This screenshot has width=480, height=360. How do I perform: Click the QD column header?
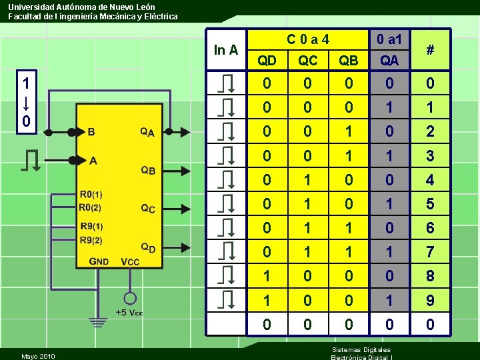point(267,61)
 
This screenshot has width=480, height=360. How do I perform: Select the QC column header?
point(307,61)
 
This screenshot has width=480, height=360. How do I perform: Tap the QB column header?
point(348,61)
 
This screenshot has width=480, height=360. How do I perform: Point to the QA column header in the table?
point(389,61)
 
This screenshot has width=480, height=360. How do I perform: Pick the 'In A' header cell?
point(226,49)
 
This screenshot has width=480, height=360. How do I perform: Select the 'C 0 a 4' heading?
point(307,39)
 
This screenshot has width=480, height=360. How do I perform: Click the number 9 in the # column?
point(430,301)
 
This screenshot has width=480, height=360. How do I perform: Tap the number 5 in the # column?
point(430,204)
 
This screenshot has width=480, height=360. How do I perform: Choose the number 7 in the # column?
point(430,252)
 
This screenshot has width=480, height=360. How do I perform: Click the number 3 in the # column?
point(430,156)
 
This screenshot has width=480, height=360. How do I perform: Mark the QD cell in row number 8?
point(267,276)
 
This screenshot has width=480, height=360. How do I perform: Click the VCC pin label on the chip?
point(130,262)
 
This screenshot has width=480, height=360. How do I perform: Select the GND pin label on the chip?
point(99,262)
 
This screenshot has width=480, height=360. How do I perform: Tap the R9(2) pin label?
point(91,241)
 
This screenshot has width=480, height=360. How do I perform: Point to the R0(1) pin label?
point(91,195)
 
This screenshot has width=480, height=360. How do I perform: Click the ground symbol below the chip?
point(99,323)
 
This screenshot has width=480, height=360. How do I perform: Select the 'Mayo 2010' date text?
point(38,356)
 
